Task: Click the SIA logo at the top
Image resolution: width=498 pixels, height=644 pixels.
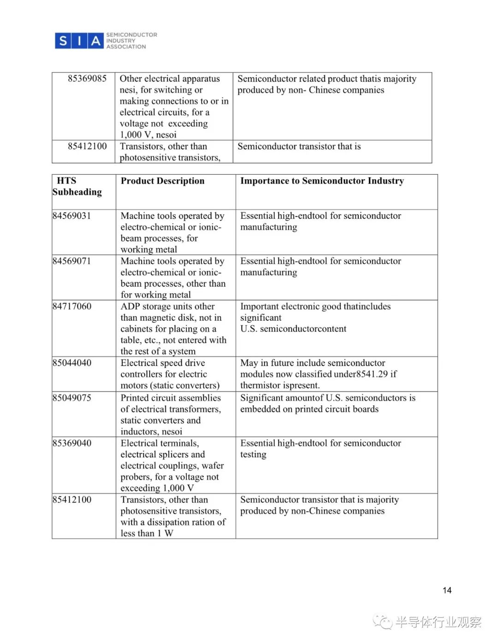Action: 79,41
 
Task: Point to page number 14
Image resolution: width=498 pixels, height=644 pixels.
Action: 447,590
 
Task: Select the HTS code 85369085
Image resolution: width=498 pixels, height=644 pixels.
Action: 87,78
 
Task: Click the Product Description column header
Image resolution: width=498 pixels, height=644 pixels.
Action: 162,181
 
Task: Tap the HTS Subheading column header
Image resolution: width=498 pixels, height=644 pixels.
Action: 77,186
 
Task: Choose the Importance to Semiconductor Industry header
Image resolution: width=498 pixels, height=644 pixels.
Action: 322,181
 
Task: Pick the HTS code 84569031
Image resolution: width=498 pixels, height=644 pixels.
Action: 72,216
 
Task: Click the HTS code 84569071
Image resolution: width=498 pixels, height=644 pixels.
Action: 72,261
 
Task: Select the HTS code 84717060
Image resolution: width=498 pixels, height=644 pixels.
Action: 72,306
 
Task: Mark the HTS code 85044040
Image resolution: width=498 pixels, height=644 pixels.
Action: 72,363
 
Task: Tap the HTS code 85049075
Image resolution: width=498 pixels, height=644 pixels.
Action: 72,397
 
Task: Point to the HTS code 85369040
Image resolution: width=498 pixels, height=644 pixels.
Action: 72,443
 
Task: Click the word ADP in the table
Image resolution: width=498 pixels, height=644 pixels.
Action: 130,306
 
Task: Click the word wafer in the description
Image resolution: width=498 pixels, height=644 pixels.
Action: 212,466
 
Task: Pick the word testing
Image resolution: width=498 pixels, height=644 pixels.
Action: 253,455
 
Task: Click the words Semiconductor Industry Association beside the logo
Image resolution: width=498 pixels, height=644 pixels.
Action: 131,41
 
